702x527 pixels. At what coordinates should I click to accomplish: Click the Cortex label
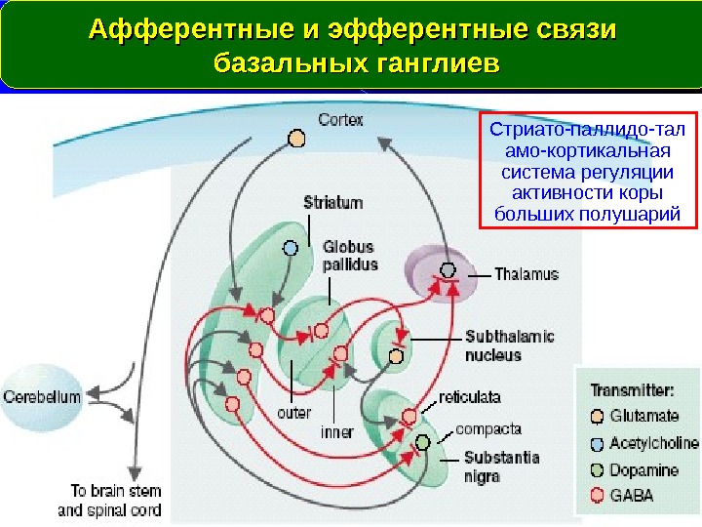[x=340, y=121]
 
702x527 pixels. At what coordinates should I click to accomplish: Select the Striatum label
[x=332, y=203]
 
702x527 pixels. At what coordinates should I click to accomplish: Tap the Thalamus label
[x=526, y=275]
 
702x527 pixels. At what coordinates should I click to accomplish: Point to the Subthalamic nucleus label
[x=509, y=345]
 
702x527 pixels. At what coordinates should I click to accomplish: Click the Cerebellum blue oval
[x=41, y=398]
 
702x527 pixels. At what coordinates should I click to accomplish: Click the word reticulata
[x=470, y=398]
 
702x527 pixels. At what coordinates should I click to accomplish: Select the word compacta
[x=489, y=428]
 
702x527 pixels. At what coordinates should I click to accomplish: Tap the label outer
[x=293, y=414]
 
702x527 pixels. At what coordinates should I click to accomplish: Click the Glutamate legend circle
[x=597, y=416]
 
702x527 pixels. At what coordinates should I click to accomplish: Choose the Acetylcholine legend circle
[x=597, y=443]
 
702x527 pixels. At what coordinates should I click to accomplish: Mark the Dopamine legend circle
[x=597, y=469]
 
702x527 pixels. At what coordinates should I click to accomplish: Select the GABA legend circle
[x=597, y=496]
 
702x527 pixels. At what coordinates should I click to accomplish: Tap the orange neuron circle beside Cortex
[x=294, y=138]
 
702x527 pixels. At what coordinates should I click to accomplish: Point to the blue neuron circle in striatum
[x=290, y=247]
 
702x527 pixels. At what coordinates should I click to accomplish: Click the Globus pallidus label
[x=349, y=256]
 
